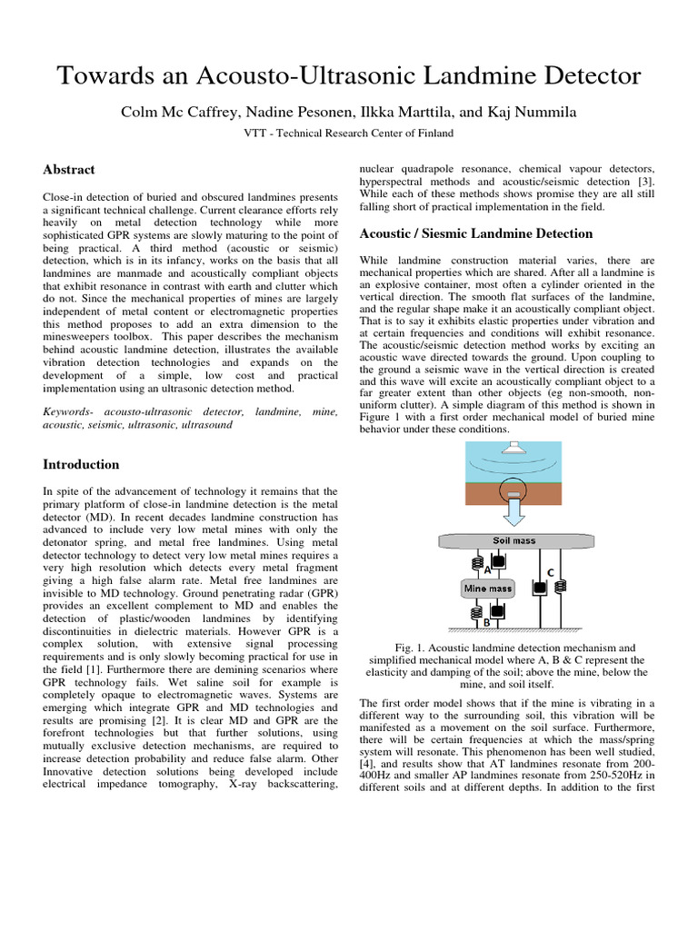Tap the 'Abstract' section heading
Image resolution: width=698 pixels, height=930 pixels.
click(x=69, y=169)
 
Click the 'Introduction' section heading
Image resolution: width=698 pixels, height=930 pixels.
click(x=81, y=464)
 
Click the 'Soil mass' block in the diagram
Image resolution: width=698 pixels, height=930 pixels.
click(x=514, y=541)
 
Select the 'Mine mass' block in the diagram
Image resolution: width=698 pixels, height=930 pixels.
click(x=488, y=589)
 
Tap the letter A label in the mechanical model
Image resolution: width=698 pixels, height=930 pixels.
click(x=488, y=570)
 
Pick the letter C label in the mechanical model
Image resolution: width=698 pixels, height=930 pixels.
click(x=549, y=572)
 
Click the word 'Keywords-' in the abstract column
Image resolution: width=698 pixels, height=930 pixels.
click(x=72, y=411)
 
